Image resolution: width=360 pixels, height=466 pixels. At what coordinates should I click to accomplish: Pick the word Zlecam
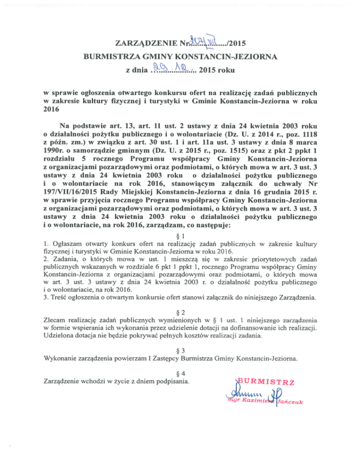point(54,322)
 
